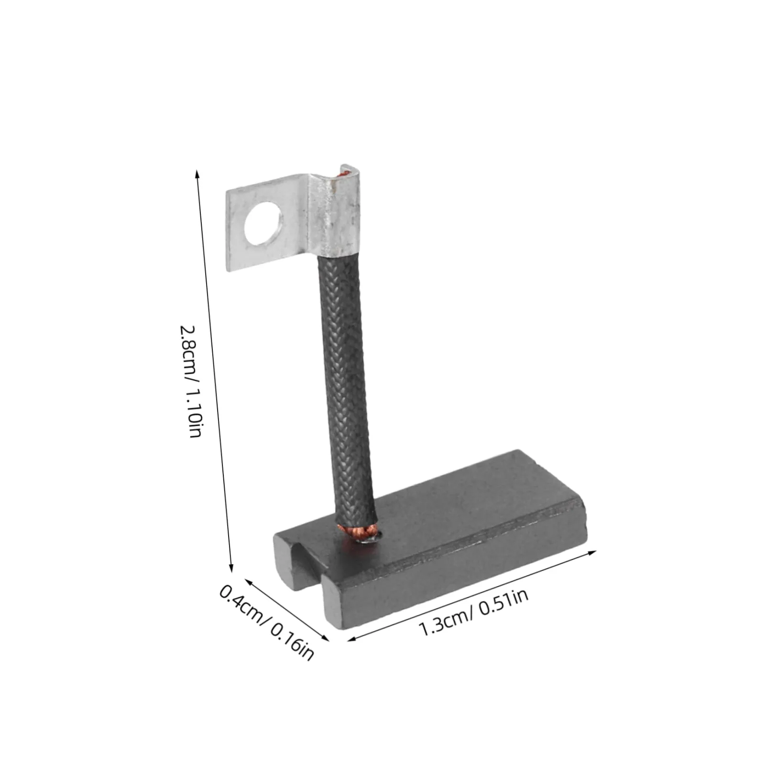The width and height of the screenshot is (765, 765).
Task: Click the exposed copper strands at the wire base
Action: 358,530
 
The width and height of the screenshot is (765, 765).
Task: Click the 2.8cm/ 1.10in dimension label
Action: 193,382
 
